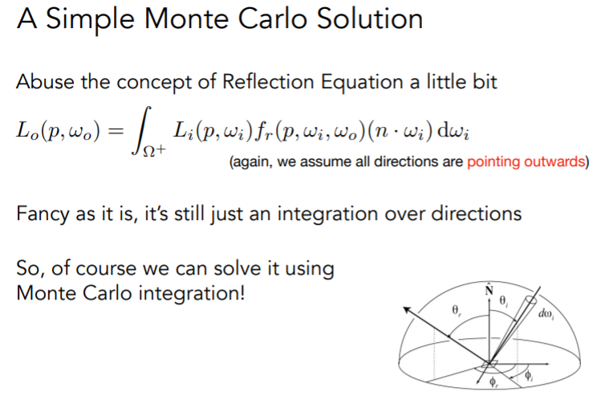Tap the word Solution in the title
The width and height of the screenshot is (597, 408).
(x=370, y=18)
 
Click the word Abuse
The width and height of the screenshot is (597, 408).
(x=45, y=82)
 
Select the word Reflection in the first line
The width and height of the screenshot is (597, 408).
(x=268, y=82)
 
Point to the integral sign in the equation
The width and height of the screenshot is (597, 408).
(x=142, y=130)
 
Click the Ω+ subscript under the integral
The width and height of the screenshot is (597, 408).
(x=154, y=150)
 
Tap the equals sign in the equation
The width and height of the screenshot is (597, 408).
(x=116, y=132)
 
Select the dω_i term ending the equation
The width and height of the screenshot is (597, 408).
(x=453, y=132)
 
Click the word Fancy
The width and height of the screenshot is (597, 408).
(x=44, y=214)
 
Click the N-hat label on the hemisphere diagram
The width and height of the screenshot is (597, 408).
(x=489, y=289)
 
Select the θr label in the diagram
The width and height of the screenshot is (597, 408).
(x=457, y=311)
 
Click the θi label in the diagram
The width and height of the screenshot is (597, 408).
(x=504, y=301)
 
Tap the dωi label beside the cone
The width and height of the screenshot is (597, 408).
(x=546, y=313)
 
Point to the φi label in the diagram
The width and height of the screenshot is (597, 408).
(x=529, y=376)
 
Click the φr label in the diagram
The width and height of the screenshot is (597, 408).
(x=493, y=381)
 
